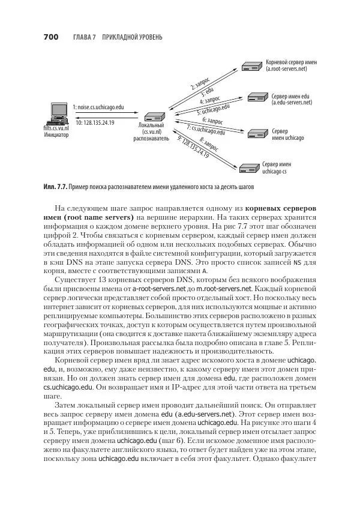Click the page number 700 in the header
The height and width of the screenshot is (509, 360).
[50, 38]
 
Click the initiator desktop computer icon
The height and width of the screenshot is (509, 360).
[58, 112]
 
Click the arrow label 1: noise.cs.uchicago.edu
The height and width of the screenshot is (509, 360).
[98, 106]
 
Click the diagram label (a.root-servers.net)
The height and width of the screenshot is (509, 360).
[286, 70]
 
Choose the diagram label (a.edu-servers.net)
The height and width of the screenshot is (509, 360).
[292, 103]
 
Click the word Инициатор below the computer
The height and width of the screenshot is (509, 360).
[56, 135]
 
